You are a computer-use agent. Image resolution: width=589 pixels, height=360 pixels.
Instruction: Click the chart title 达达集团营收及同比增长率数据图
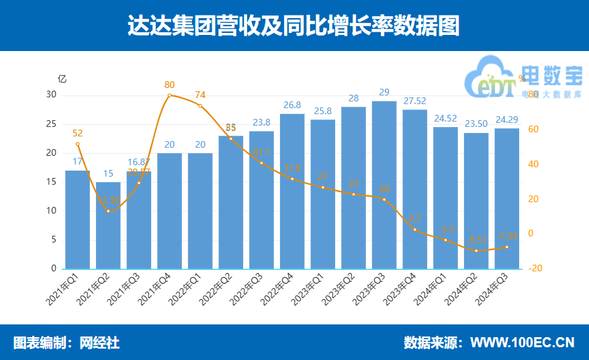(294, 26)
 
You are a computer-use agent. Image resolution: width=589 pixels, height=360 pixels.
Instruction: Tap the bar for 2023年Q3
(384, 185)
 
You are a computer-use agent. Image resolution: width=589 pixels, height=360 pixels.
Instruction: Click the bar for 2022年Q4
(292, 191)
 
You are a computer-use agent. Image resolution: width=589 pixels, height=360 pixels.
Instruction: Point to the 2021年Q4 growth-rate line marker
(169, 95)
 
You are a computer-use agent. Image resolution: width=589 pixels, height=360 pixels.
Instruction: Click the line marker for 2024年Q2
(476, 251)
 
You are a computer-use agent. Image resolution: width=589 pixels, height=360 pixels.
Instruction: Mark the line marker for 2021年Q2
(108, 212)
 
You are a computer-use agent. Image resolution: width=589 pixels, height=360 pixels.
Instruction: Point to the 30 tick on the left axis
(51, 95)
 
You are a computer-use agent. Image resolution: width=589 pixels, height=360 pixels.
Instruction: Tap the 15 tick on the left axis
(51, 182)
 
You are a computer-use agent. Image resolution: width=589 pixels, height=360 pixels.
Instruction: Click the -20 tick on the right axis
(535, 269)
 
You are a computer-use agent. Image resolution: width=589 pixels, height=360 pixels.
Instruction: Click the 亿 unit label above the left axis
(62, 78)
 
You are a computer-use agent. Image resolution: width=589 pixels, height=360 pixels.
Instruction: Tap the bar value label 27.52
(415, 101)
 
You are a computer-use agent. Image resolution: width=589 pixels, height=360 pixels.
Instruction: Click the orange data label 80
(169, 85)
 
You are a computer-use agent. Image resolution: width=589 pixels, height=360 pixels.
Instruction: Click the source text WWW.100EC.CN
(522, 343)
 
